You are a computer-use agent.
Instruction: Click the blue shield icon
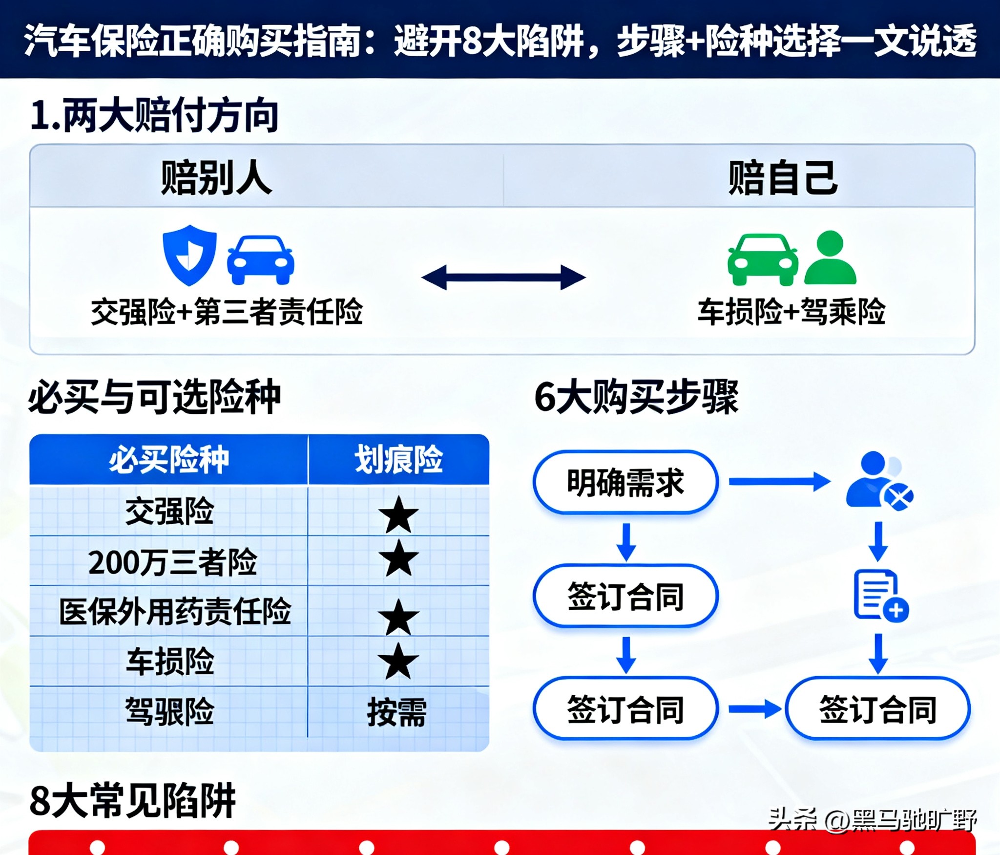click(189, 255)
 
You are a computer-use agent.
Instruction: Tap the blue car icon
click(261, 260)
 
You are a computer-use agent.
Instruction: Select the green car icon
click(763, 259)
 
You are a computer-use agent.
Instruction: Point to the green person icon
click(830, 257)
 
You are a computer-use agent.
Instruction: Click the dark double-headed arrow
click(503, 278)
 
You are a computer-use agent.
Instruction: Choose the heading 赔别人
click(216, 178)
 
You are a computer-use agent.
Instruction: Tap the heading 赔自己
click(783, 178)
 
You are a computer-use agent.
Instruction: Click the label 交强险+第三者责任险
click(227, 312)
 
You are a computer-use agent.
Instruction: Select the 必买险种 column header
click(168, 459)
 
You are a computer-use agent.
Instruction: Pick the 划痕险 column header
click(398, 459)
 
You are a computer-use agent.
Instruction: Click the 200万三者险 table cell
click(172, 562)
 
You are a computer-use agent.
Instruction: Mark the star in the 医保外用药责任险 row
click(398, 618)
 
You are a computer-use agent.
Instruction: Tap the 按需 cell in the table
click(397, 712)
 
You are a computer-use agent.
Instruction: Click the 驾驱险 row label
click(169, 711)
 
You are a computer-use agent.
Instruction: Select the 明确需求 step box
click(625, 483)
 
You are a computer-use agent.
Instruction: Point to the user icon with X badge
click(879, 481)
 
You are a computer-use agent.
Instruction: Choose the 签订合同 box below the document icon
click(877, 709)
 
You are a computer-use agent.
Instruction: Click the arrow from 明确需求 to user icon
click(779, 482)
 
